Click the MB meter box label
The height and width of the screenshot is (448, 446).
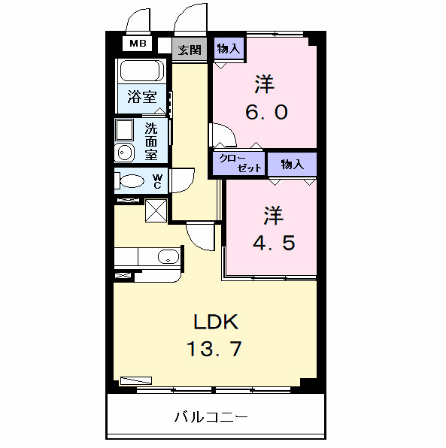[x=138, y=44]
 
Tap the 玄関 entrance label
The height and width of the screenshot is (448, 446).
[x=190, y=50]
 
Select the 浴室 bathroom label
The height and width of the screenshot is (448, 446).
[x=141, y=96]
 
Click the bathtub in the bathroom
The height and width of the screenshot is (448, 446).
[x=141, y=71]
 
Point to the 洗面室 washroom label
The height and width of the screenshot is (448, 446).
[x=151, y=141]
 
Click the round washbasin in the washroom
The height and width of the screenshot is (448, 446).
[x=125, y=154]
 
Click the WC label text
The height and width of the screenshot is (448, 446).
[x=157, y=181]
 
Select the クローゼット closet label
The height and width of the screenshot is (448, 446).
[x=238, y=163]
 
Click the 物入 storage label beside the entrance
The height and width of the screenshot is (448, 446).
[x=229, y=49]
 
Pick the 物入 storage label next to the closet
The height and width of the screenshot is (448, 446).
[x=292, y=163]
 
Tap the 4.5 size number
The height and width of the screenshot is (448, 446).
[x=272, y=243]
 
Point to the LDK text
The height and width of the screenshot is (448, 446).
[x=216, y=323]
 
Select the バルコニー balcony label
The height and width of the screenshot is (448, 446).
[x=211, y=416]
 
